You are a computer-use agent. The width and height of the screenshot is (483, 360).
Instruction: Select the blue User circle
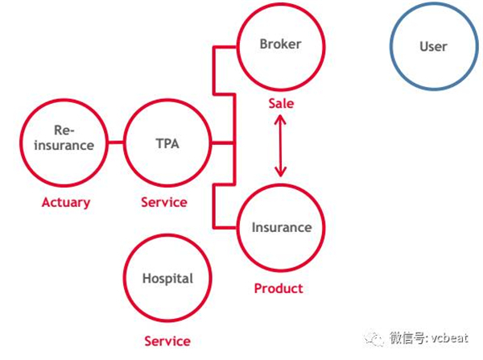(432, 47)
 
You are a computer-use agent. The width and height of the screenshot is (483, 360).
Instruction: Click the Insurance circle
(281, 229)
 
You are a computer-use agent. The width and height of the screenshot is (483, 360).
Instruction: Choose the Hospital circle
(167, 280)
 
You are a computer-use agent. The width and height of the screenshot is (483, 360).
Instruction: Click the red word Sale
(281, 104)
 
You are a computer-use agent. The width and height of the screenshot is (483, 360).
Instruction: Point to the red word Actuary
(65, 202)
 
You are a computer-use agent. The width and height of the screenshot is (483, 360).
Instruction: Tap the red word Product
(279, 288)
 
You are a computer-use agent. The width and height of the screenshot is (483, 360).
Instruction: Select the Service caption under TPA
(164, 202)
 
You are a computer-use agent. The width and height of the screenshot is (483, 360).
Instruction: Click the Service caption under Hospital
(167, 341)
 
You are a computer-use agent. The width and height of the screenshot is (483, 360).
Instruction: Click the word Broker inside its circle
(280, 44)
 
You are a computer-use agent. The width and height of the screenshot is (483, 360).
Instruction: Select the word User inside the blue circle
(432, 47)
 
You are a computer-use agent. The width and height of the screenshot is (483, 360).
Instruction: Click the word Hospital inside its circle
(167, 279)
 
